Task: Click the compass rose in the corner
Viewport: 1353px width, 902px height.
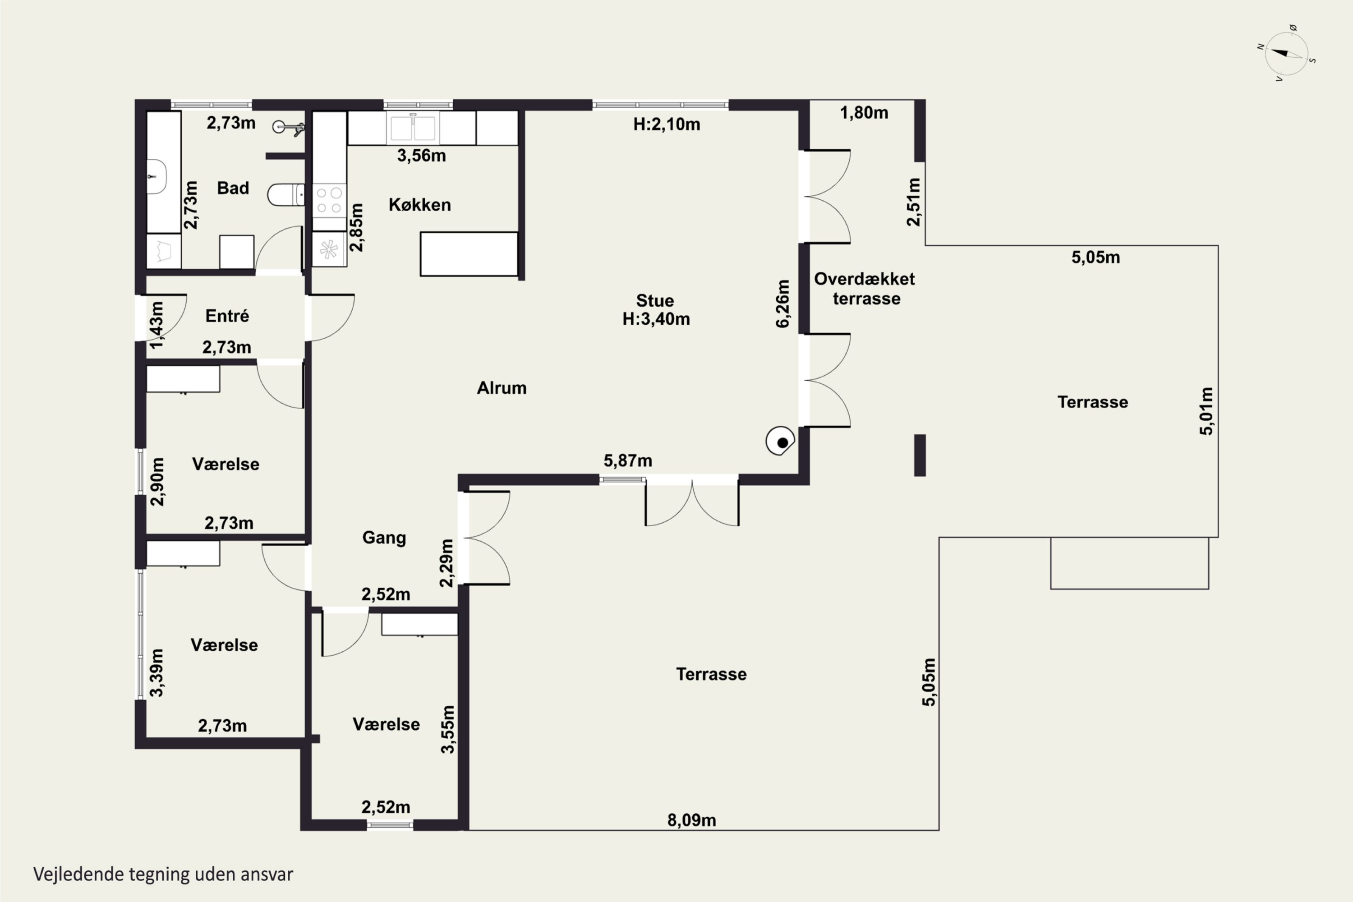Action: [1287, 54]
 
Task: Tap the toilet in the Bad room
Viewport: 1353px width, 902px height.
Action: [286, 194]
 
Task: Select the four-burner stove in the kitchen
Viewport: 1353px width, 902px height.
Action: [329, 200]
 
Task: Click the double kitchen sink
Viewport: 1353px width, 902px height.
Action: [413, 128]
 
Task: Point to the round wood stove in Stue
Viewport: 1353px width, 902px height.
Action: [780, 441]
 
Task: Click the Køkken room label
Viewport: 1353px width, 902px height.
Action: [420, 205]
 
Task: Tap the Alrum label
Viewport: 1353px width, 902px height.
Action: [502, 388]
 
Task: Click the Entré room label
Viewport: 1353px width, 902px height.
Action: [227, 316]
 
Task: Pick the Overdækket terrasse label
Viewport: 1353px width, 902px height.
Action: [865, 289]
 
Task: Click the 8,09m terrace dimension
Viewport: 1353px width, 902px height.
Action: [691, 820]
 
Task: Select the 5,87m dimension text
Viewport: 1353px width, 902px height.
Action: [628, 461]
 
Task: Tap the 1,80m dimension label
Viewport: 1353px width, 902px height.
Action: [864, 113]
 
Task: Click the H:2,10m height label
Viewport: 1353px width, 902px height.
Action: [667, 124]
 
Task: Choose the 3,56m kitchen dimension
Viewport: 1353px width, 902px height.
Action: [422, 155]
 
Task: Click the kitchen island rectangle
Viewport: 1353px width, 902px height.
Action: [469, 253]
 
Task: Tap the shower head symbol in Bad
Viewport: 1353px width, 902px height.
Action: [288, 128]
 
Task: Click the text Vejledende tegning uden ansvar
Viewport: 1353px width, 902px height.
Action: [163, 874]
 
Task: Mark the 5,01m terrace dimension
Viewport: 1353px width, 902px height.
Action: [1206, 411]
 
